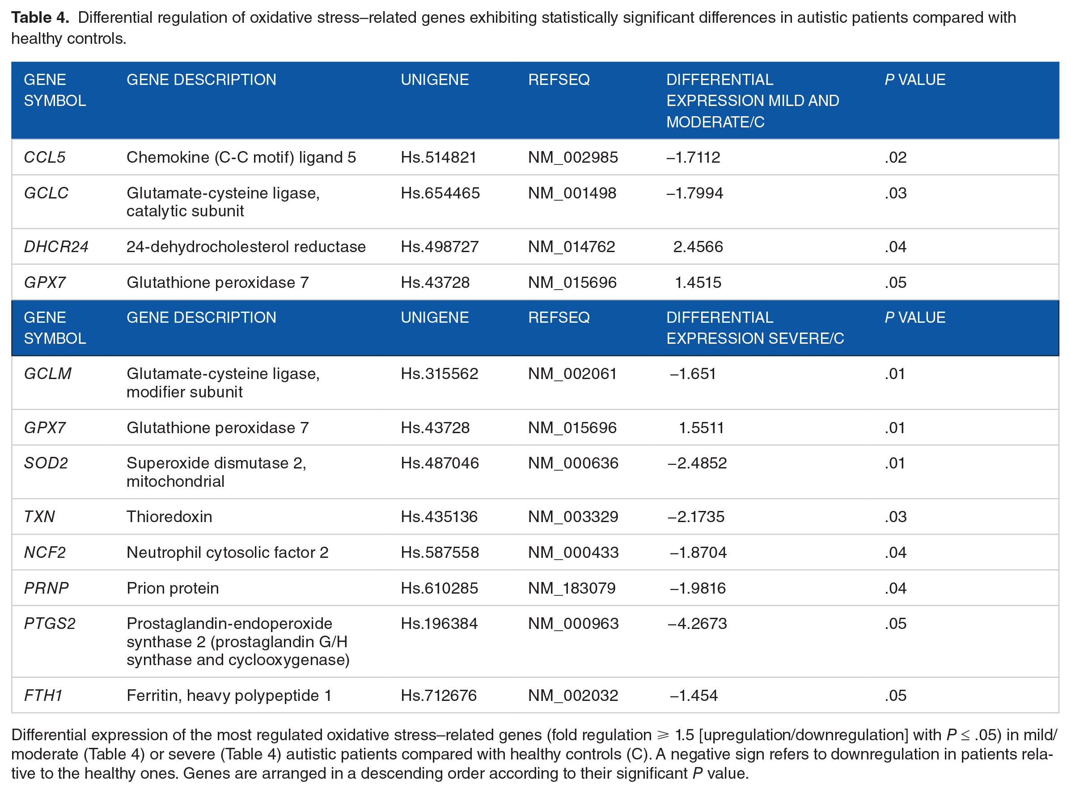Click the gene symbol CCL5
click(x=45, y=157)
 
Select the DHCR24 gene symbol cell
click(x=56, y=247)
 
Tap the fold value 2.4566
click(x=698, y=247)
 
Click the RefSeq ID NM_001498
click(x=572, y=193)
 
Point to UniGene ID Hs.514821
click(x=439, y=157)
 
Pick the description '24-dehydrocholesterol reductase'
click(x=246, y=247)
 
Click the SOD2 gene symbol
click(x=46, y=463)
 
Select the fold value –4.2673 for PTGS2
click(x=697, y=624)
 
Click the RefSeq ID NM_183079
click(x=572, y=589)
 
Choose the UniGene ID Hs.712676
click(x=439, y=696)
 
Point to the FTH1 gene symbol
click(x=43, y=696)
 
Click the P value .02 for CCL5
click(x=896, y=157)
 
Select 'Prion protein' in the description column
click(x=173, y=589)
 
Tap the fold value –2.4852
click(x=697, y=463)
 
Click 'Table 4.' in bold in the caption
click(x=40, y=18)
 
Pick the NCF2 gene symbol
click(x=45, y=553)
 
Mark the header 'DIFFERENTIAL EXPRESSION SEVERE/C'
click(x=755, y=328)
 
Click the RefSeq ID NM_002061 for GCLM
click(x=572, y=374)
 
